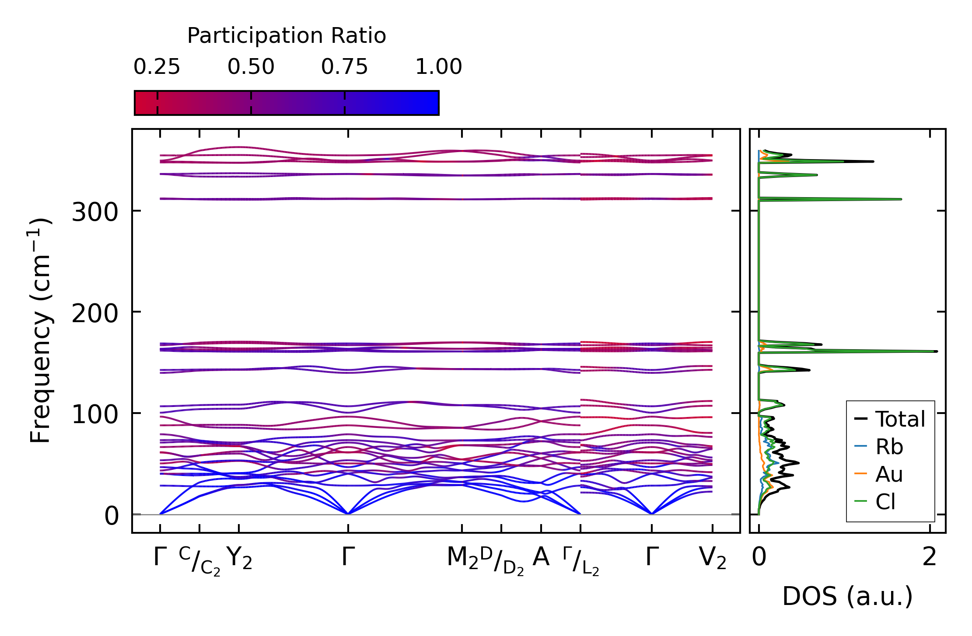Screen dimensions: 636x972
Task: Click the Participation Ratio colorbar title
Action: [x=287, y=36]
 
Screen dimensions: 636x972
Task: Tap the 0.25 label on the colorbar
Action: [x=157, y=67]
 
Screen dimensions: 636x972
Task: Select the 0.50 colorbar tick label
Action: [x=251, y=67]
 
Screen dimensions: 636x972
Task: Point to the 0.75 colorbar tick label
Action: [x=345, y=67]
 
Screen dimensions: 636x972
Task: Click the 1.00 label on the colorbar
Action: [x=438, y=67]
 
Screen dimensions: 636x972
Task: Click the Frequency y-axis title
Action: [x=40, y=330]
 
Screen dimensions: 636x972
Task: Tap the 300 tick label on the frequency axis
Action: [x=95, y=213]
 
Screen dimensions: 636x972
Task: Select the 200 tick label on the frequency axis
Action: [x=95, y=314]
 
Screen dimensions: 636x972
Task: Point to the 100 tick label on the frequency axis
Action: [x=95, y=415]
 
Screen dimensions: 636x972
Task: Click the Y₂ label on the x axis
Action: [x=239, y=558]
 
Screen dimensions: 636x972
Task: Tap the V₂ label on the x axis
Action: [x=713, y=558]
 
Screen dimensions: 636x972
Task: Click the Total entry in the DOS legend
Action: [x=900, y=419]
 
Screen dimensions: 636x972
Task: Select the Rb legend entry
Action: [x=889, y=447]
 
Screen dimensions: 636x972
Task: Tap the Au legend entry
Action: [x=889, y=474]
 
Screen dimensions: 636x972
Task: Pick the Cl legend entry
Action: [x=885, y=502]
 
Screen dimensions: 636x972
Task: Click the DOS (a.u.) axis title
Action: [x=847, y=597]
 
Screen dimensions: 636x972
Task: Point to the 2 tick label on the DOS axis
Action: [x=930, y=557]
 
